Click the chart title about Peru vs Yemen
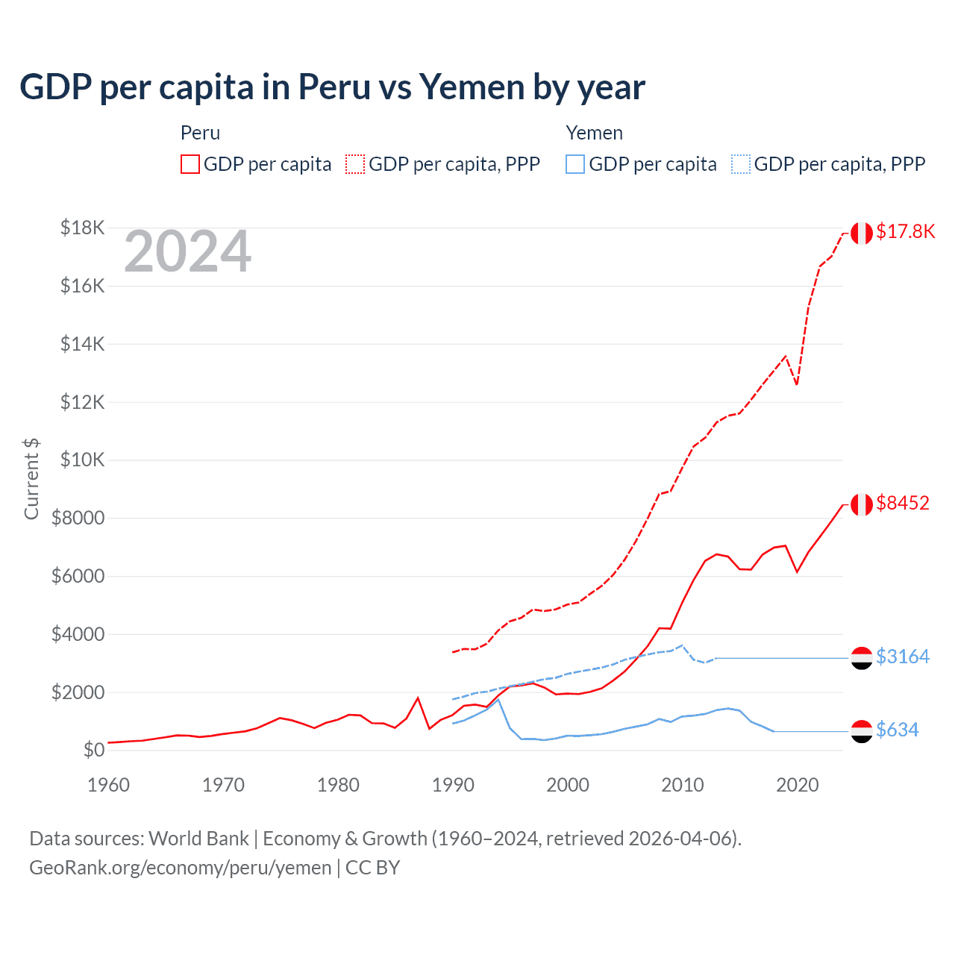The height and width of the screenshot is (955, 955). (x=332, y=87)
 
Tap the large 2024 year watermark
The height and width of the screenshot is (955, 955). (x=187, y=251)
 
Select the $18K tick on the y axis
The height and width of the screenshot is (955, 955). (x=82, y=228)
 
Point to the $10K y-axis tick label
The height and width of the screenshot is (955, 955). (x=82, y=460)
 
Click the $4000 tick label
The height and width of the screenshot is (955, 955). (x=78, y=634)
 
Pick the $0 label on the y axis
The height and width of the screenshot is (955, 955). (x=93, y=750)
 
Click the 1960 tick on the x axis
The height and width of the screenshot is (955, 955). (x=109, y=785)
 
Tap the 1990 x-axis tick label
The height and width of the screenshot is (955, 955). (x=453, y=785)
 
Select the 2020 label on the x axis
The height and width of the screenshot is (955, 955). (x=798, y=785)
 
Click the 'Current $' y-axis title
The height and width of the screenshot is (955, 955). (x=31, y=479)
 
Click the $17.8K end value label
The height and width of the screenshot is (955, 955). (x=905, y=231)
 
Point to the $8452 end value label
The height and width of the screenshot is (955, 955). (x=903, y=503)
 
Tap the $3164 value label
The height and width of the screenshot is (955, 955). (x=903, y=657)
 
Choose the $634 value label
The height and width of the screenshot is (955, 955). (x=898, y=730)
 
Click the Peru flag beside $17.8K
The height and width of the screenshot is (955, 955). (x=862, y=233)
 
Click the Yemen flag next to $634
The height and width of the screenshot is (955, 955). (x=862, y=731)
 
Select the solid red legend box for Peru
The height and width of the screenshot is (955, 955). (x=190, y=164)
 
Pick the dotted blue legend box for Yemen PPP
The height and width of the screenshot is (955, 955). (x=741, y=164)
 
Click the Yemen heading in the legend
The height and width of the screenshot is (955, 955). (x=594, y=133)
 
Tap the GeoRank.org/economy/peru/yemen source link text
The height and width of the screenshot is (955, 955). (x=181, y=868)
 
